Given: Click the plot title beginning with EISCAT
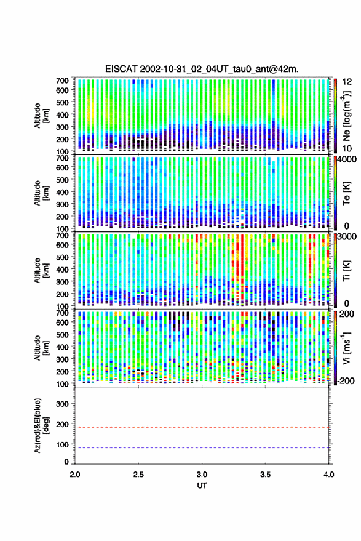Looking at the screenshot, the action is [202, 69].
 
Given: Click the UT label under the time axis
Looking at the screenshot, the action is [202, 486].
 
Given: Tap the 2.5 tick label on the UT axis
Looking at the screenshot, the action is [138, 475].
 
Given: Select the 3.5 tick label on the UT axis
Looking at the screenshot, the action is [265, 475].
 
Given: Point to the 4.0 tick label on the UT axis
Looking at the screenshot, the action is [328, 475].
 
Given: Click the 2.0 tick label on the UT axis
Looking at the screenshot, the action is [75, 475].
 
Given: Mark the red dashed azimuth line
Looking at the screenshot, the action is [202, 427].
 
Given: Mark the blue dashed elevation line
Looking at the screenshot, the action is [202, 447].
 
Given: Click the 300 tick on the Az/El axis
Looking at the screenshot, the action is [63, 404].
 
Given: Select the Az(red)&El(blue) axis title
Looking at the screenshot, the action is [41, 425].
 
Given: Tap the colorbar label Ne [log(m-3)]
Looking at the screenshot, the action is [346, 116].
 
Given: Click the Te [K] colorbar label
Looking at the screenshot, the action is [346, 193].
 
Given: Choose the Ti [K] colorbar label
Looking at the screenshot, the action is [346, 271].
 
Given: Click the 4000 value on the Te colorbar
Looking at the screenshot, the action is [347, 160].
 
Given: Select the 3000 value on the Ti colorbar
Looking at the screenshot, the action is [347, 237].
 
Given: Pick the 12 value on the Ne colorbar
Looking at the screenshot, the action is [347, 82].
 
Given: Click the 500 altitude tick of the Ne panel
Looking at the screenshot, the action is [62, 102].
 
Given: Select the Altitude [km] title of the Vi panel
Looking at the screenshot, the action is [41, 348].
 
